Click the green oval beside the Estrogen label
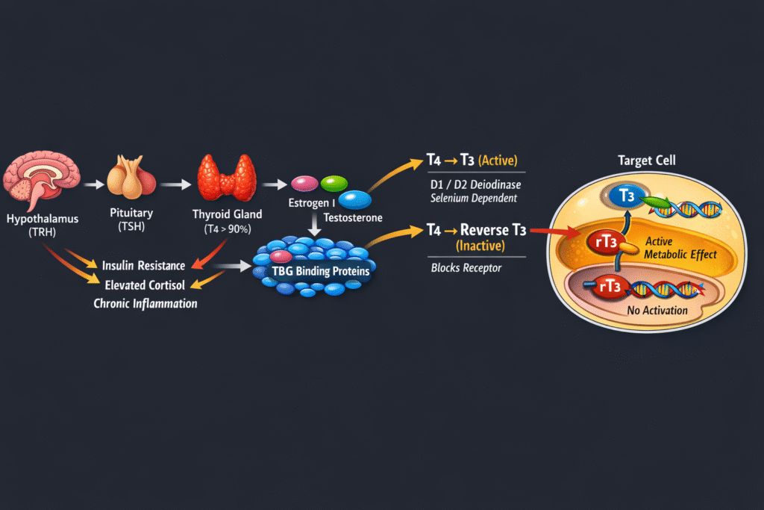(334, 183)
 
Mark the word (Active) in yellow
(497, 161)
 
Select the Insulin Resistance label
(143, 266)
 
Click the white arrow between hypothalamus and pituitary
(93, 183)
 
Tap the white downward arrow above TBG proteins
(315, 223)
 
